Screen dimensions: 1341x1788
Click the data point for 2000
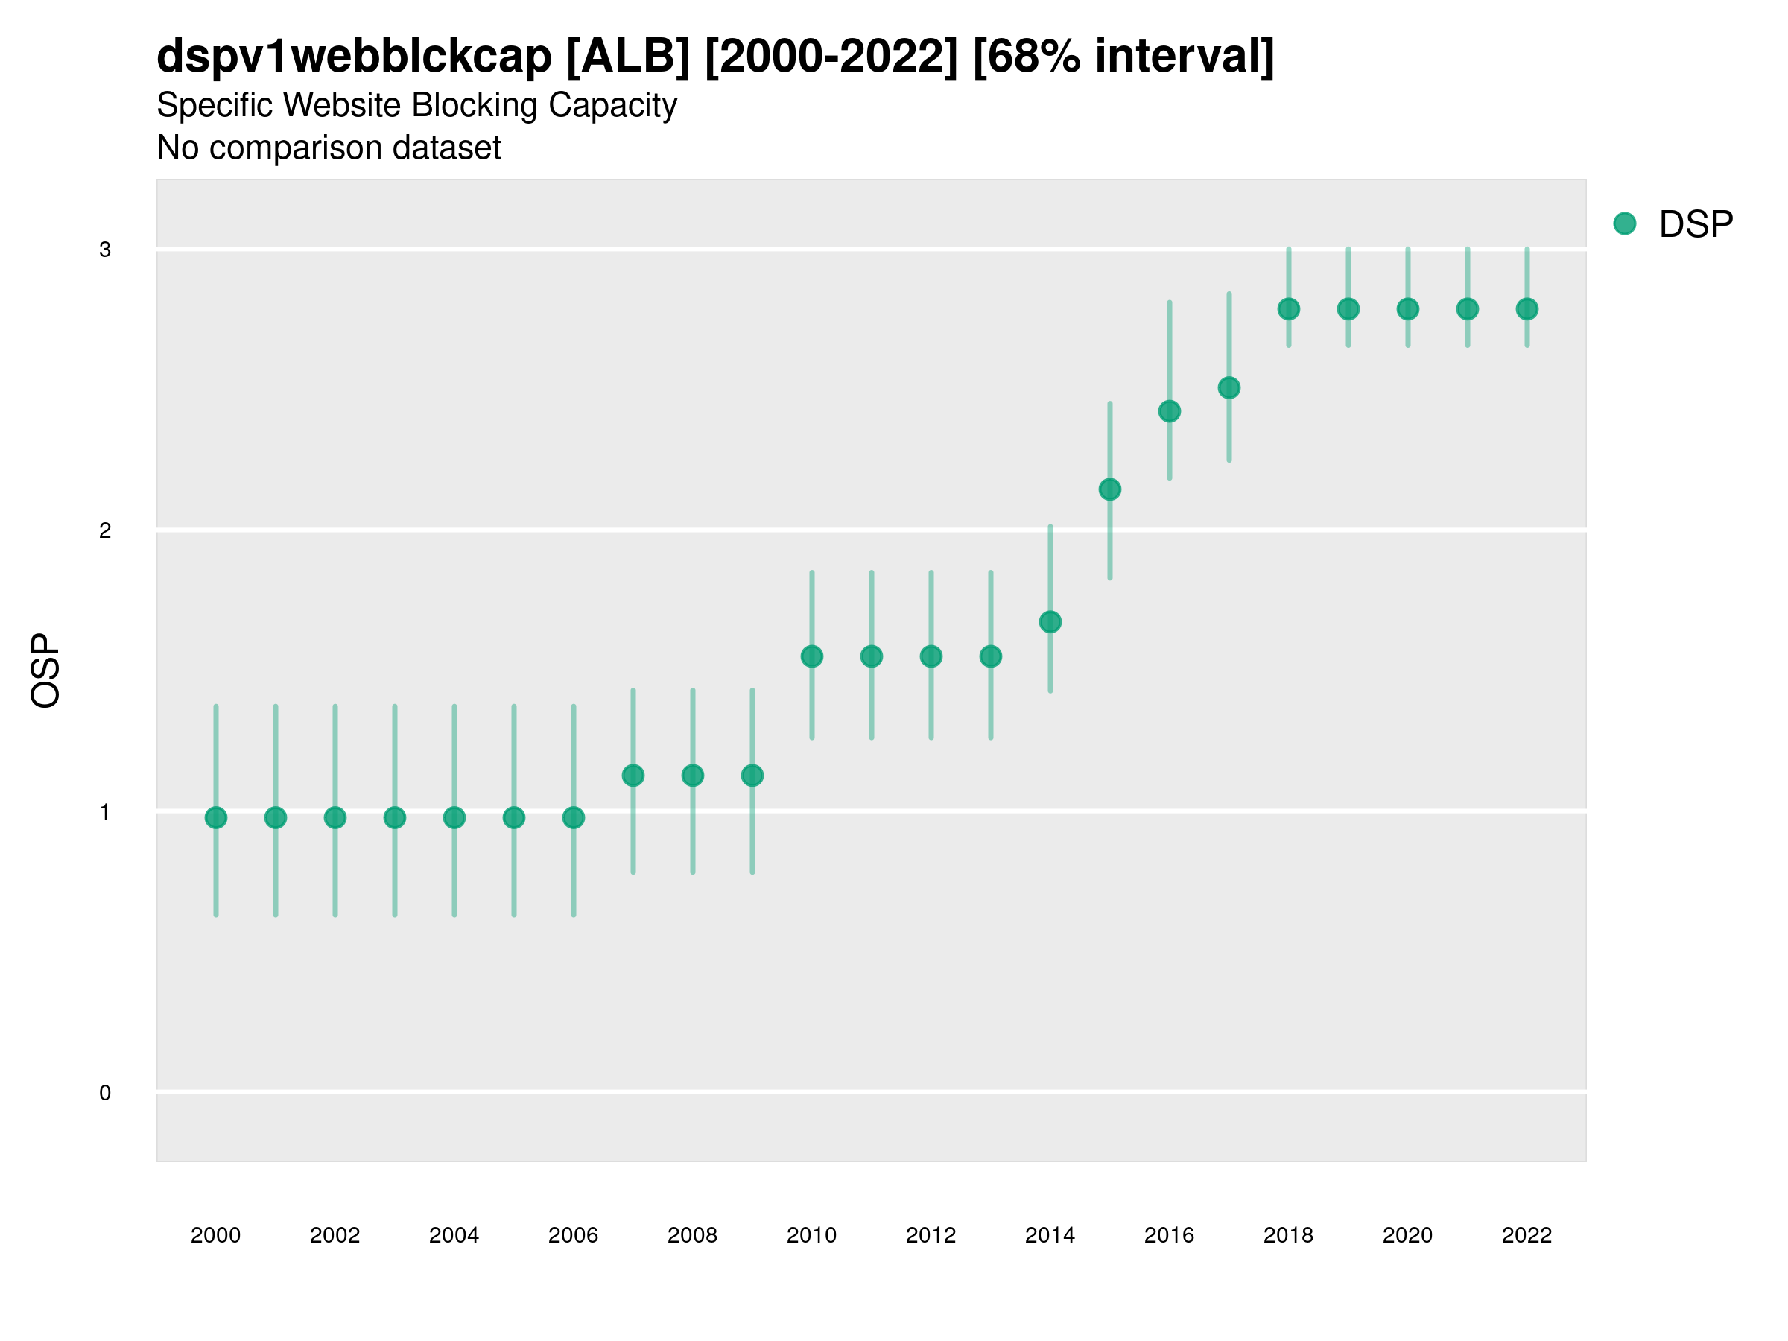pos(216,818)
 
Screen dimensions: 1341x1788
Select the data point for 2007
pos(633,776)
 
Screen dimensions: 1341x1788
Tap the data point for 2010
pos(811,656)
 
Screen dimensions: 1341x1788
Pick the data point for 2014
pos(1050,621)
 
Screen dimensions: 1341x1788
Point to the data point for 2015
pos(1110,489)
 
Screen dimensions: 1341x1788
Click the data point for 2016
pos(1170,411)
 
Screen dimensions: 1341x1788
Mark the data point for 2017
pos(1229,388)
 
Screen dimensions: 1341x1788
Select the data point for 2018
pos(1288,308)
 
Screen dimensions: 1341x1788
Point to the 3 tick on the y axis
pos(105,249)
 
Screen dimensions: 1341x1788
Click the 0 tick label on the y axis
pos(105,1093)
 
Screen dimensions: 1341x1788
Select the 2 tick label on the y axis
pos(105,530)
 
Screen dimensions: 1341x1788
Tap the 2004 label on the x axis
pos(454,1235)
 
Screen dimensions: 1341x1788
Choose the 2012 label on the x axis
pos(931,1235)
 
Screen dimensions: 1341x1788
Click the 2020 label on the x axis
pos(1407,1235)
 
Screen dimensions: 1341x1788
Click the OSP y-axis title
pos(45,671)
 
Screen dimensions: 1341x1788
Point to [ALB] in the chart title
pos(628,57)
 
